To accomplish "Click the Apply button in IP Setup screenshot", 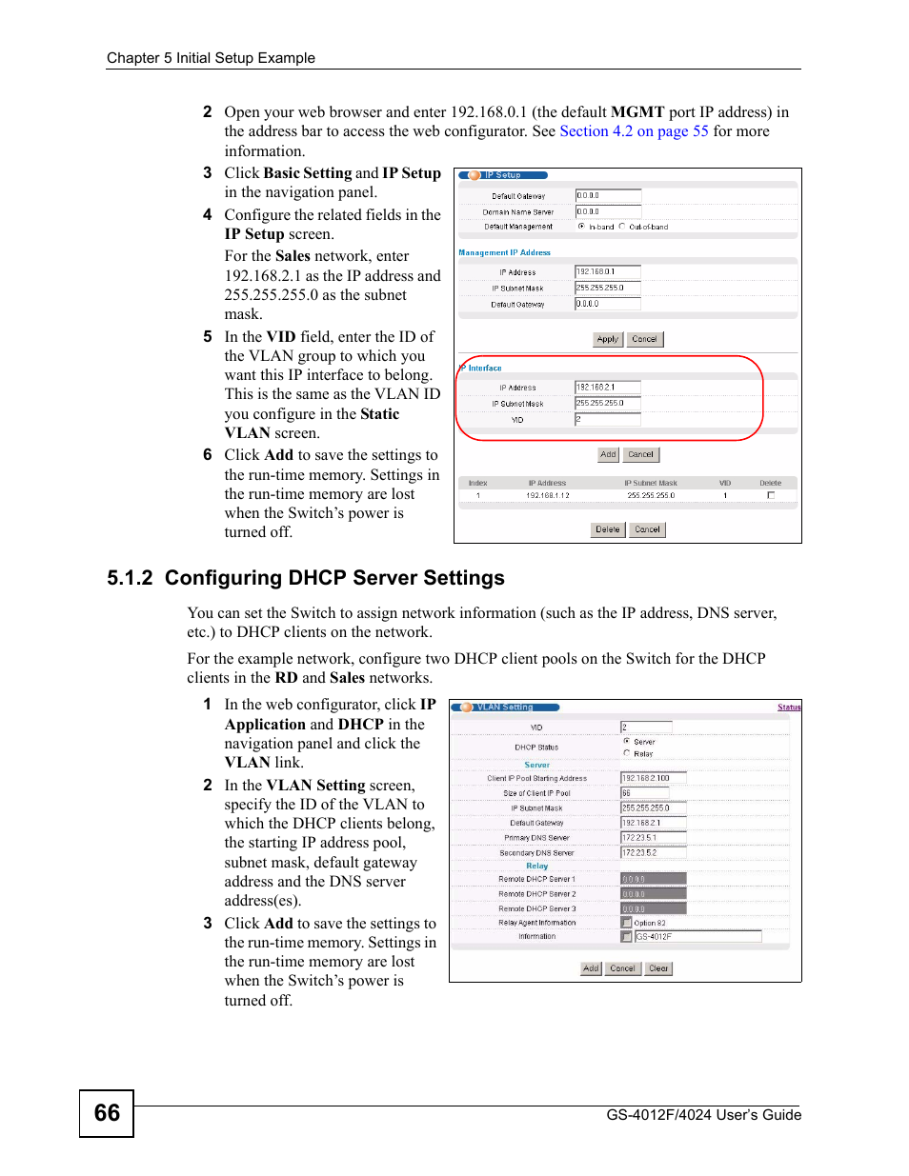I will [607, 339].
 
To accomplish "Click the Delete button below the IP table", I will [607, 529].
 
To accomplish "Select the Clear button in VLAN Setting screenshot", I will [658, 968].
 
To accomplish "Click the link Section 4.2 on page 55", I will [634, 131].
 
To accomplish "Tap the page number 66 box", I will [107, 1113].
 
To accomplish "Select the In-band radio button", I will [581, 227].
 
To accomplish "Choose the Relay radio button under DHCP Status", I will [626, 753].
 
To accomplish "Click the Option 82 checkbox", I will [626, 923].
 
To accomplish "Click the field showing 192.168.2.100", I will [653, 778].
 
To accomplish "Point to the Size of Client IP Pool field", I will [644, 793].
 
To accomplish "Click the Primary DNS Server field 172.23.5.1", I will [653, 838].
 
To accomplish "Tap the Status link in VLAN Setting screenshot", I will [789, 708].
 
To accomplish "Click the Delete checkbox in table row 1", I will [771, 495].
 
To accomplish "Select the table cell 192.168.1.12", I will [548, 495].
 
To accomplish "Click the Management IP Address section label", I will [504, 252].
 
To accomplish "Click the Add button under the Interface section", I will [608, 454].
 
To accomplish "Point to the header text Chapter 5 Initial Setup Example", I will [211, 58].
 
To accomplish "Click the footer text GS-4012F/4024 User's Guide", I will [703, 1115].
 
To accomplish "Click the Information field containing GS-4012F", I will [697, 937].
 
